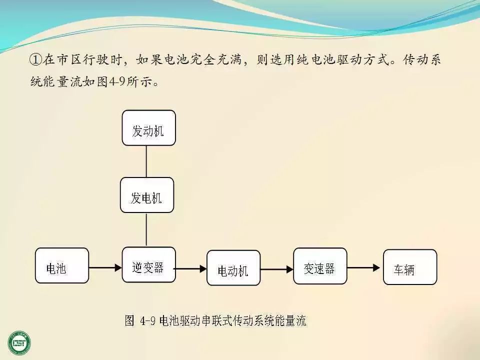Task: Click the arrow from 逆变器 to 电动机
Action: [x=191, y=269]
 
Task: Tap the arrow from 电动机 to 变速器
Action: [x=276, y=269]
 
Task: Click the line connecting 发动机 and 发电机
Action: [x=146, y=161]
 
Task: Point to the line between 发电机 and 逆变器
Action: [x=146, y=229]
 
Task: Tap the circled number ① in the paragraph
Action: [x=35, y=60]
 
